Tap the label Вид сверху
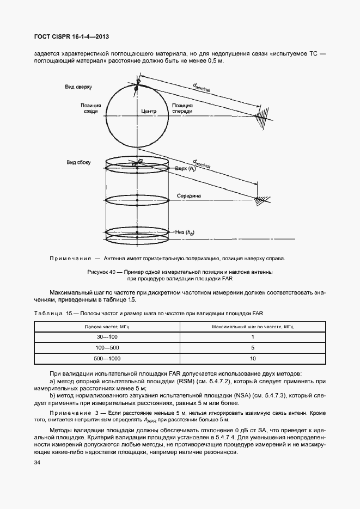point(79,87)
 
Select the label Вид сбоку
point(78,162)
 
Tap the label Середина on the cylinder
point(188,195)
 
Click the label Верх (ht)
point(185,169)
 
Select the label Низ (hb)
point(185,232)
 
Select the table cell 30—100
point(107,337)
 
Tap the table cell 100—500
point(107,347)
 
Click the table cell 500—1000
point(107,358)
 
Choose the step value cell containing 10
point(253,358)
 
